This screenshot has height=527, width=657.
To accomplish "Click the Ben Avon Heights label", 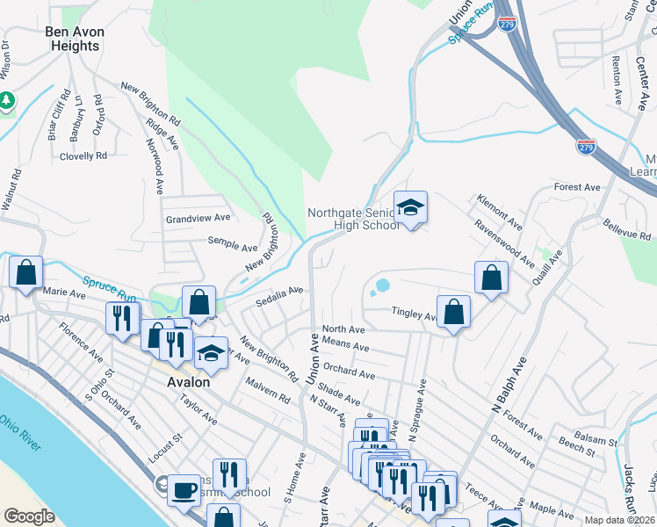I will coord(75,39).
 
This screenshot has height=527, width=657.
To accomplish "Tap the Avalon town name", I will coord(188,382).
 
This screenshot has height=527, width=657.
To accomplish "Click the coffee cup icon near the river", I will coord(184,489).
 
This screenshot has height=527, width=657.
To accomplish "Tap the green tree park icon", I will coord(7,101).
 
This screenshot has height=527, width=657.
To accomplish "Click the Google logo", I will coord(29,516).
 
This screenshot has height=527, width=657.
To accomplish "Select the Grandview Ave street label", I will coord(198,218).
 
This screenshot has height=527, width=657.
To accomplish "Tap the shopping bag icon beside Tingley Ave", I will coord(453,312).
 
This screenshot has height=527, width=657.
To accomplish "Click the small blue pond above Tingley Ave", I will coord(382,285).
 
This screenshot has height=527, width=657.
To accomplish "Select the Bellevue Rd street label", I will coord(627,231).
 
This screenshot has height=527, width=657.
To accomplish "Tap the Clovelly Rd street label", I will coord(83,155).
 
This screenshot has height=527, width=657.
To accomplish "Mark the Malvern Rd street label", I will coord(268,392).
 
